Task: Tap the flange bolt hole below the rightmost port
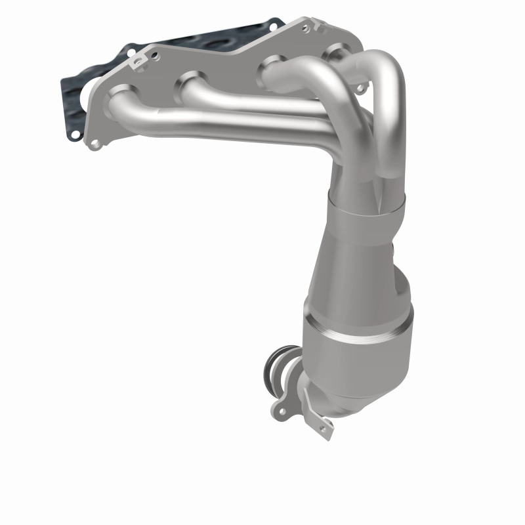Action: point(359,87)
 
